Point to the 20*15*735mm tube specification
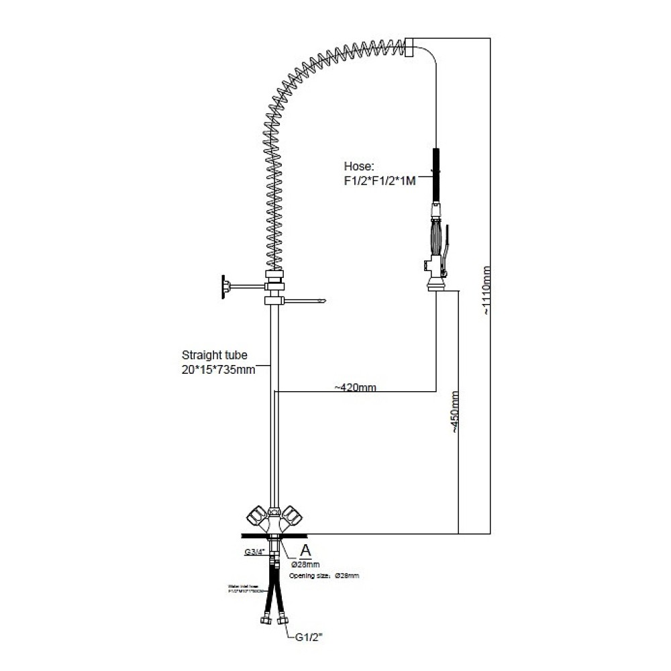click(x=219, y=369)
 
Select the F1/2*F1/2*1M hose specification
click(x=379, y=180)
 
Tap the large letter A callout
click(x=305, y=550)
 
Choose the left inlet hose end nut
click(x=263, y=618)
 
